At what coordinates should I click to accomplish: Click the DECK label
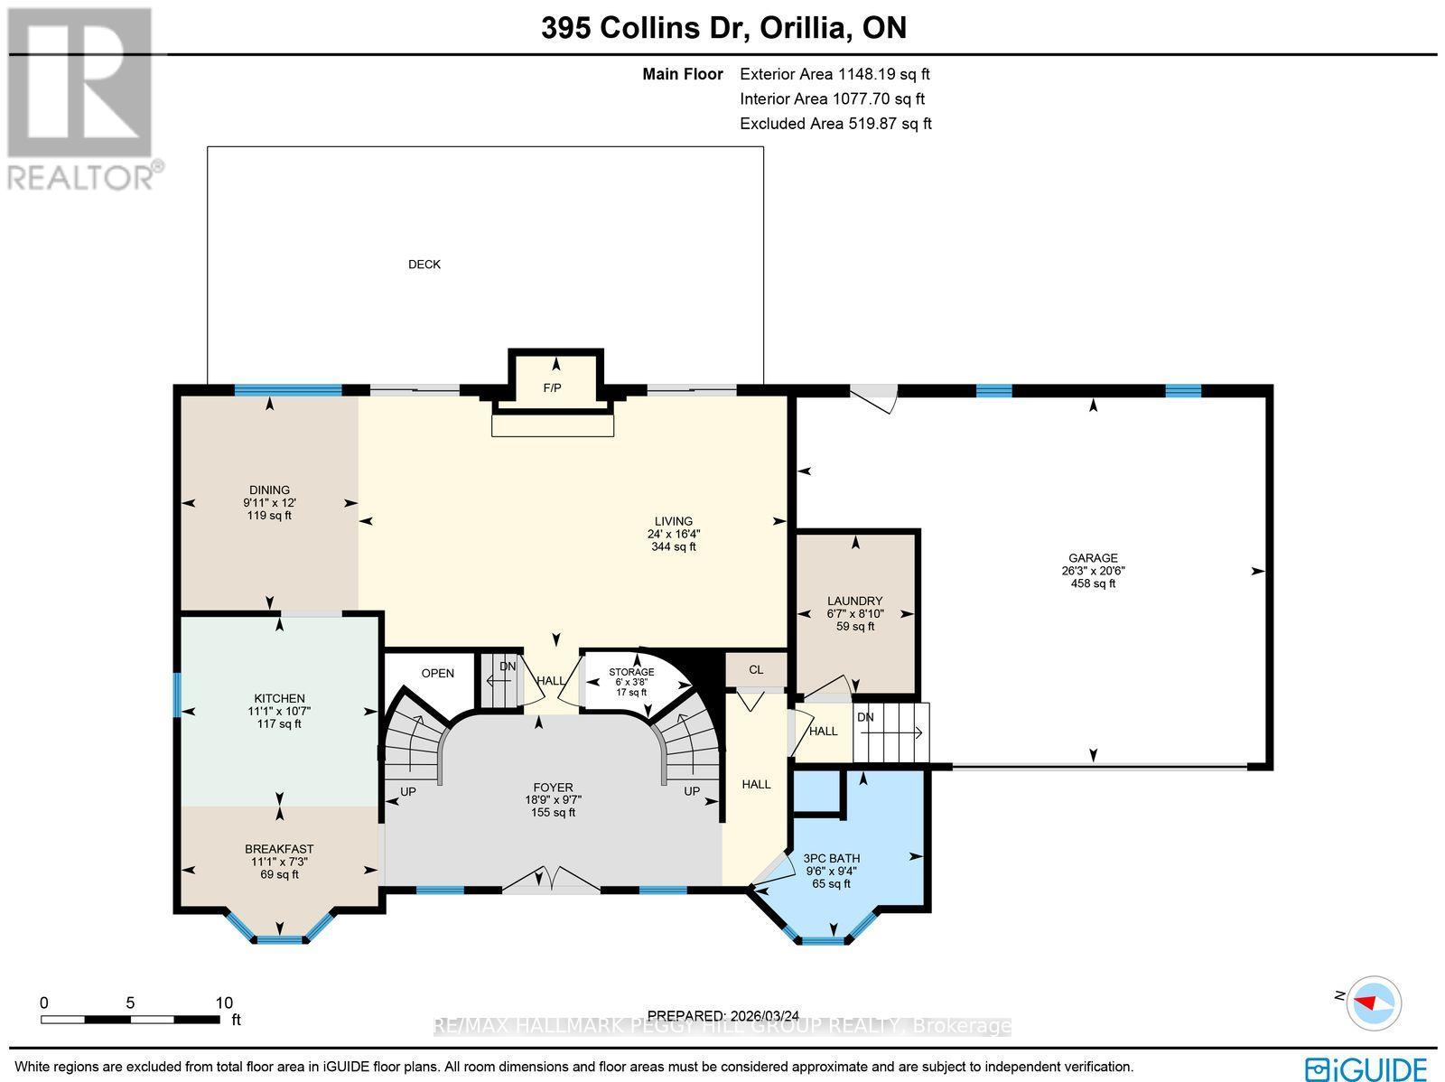click(424, 265)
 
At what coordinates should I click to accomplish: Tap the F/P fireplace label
click(552, 388)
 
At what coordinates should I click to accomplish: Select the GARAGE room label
click(1093, 558)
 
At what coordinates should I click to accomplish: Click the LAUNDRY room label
click(854, 601)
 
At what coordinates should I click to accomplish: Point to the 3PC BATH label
click(832, 859)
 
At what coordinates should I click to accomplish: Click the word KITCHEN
click(279, 698)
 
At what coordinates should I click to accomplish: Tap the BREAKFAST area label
click(279, 849)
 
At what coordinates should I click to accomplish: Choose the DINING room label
click(269, 490)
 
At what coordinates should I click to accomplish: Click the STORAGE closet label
click(631, 672)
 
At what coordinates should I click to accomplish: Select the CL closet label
click(756, 670)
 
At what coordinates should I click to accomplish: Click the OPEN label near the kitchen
click(438, 674)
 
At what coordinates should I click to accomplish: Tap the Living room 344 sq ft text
click(674, 546)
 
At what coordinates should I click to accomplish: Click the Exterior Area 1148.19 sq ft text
click(834, 75)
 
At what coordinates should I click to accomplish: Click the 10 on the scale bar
click(223, 1003)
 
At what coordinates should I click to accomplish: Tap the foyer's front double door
click(551, 881)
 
